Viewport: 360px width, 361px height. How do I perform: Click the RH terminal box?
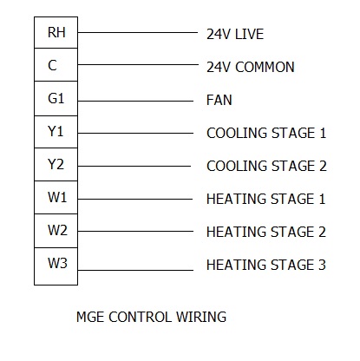(56, 32)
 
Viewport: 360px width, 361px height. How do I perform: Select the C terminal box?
(56, 65)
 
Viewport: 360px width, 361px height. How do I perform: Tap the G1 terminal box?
(56, 99)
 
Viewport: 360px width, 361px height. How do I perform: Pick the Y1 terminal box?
(56, 132)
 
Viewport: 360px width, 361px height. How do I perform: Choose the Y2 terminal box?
(56, 165)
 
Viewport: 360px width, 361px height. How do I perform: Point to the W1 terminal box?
(56, 198)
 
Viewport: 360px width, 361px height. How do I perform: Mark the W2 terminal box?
(56, 231)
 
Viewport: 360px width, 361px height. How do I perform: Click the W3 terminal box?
(56, 266)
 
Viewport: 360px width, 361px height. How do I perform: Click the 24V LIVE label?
(235, 34)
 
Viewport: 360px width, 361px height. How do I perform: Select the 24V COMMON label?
(251, 67)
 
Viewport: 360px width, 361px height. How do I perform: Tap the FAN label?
(219, 100)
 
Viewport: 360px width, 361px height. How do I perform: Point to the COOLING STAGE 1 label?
(266, 133)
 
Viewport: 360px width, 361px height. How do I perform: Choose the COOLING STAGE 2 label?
(266, 166)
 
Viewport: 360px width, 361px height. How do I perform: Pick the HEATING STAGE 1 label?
(266, 199)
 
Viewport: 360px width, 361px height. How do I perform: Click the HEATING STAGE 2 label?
(266, 232)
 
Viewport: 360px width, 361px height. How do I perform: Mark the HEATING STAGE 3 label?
(266, 265)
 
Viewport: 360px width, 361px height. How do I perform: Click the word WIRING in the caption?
(201, 317)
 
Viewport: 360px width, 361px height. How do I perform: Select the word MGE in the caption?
(90, 317)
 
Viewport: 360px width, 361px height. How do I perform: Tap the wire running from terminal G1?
(135, 101)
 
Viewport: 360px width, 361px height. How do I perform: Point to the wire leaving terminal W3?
(135, 270)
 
